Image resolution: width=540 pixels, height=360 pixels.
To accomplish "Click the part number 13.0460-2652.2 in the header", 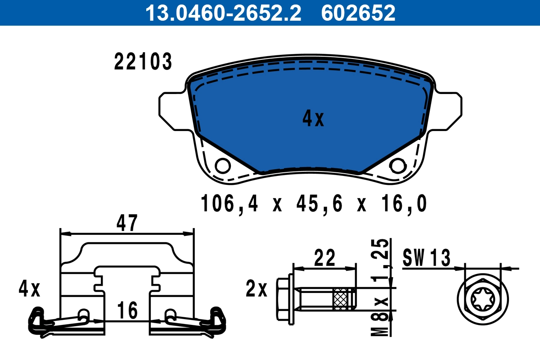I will (222, 13).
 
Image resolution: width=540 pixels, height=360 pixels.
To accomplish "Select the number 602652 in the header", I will (358, 13).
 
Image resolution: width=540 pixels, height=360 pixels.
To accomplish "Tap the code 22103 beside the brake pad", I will (143, 62).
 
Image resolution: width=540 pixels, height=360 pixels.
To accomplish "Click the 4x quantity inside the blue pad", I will (313, 119).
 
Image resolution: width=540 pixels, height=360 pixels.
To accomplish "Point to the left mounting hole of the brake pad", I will (222, 166).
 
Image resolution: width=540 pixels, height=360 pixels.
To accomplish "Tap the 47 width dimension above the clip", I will (127, 223).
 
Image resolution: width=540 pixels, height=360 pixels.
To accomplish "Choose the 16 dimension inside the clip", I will (127, 311).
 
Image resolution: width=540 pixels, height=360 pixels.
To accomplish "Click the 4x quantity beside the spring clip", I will (30, 289).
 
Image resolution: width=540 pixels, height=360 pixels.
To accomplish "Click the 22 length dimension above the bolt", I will (324, 258).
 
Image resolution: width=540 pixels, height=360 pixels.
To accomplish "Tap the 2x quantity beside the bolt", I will (256, 289).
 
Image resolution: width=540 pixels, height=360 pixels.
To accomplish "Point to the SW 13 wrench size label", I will (426, 258).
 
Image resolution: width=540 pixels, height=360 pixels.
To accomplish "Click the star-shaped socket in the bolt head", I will (483, 298).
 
